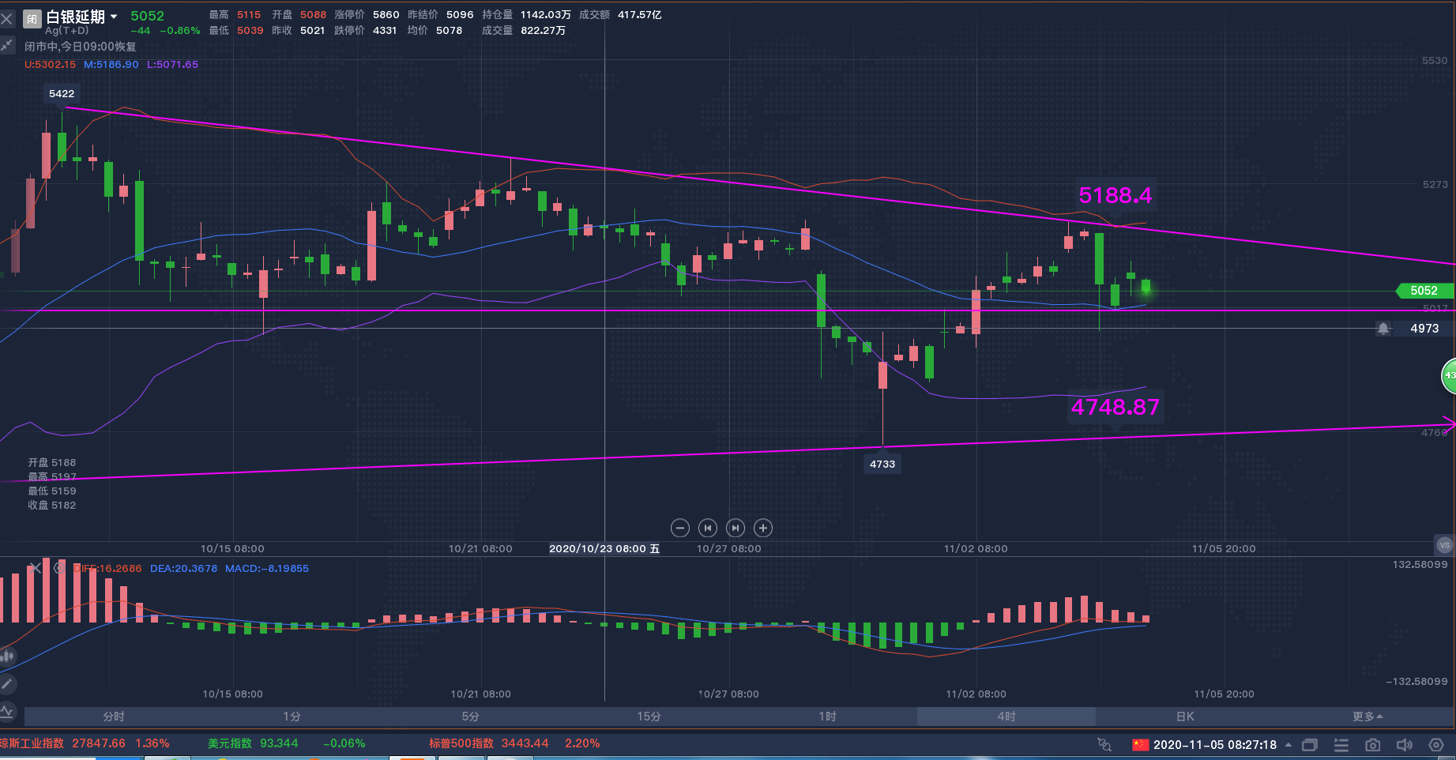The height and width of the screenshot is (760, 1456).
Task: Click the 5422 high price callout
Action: (62, 94)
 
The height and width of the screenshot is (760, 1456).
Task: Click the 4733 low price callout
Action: (882, 464)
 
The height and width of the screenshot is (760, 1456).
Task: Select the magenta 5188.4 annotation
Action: (1115, 195)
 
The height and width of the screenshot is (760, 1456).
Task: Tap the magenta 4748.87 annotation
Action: (1115, 407)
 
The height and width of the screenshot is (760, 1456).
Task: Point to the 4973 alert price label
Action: (1424, 329)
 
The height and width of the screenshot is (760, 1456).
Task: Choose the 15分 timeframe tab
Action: (649, 717)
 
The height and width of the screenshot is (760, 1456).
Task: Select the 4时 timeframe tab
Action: (1006, 717)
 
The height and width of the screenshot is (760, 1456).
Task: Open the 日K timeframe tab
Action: (1184, 717)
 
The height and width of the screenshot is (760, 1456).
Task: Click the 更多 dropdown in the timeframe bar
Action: (1367, 717)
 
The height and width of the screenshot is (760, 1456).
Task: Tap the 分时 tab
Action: (114, 717)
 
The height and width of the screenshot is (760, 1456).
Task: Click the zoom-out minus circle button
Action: (680, 528)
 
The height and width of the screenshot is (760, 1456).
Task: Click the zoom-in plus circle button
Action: (763, 528)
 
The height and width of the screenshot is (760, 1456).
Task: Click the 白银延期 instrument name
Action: (75, 17)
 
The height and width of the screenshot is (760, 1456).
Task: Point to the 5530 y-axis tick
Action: (1435, 61)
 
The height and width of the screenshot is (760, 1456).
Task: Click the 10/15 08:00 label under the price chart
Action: (232, 548)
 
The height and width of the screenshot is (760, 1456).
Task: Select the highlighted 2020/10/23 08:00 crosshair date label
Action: (604, 548)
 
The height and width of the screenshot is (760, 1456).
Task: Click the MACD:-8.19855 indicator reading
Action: (266, 568)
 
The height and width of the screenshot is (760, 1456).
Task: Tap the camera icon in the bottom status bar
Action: (1373, 744)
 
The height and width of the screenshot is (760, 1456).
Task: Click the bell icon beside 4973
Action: (1383, 329)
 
